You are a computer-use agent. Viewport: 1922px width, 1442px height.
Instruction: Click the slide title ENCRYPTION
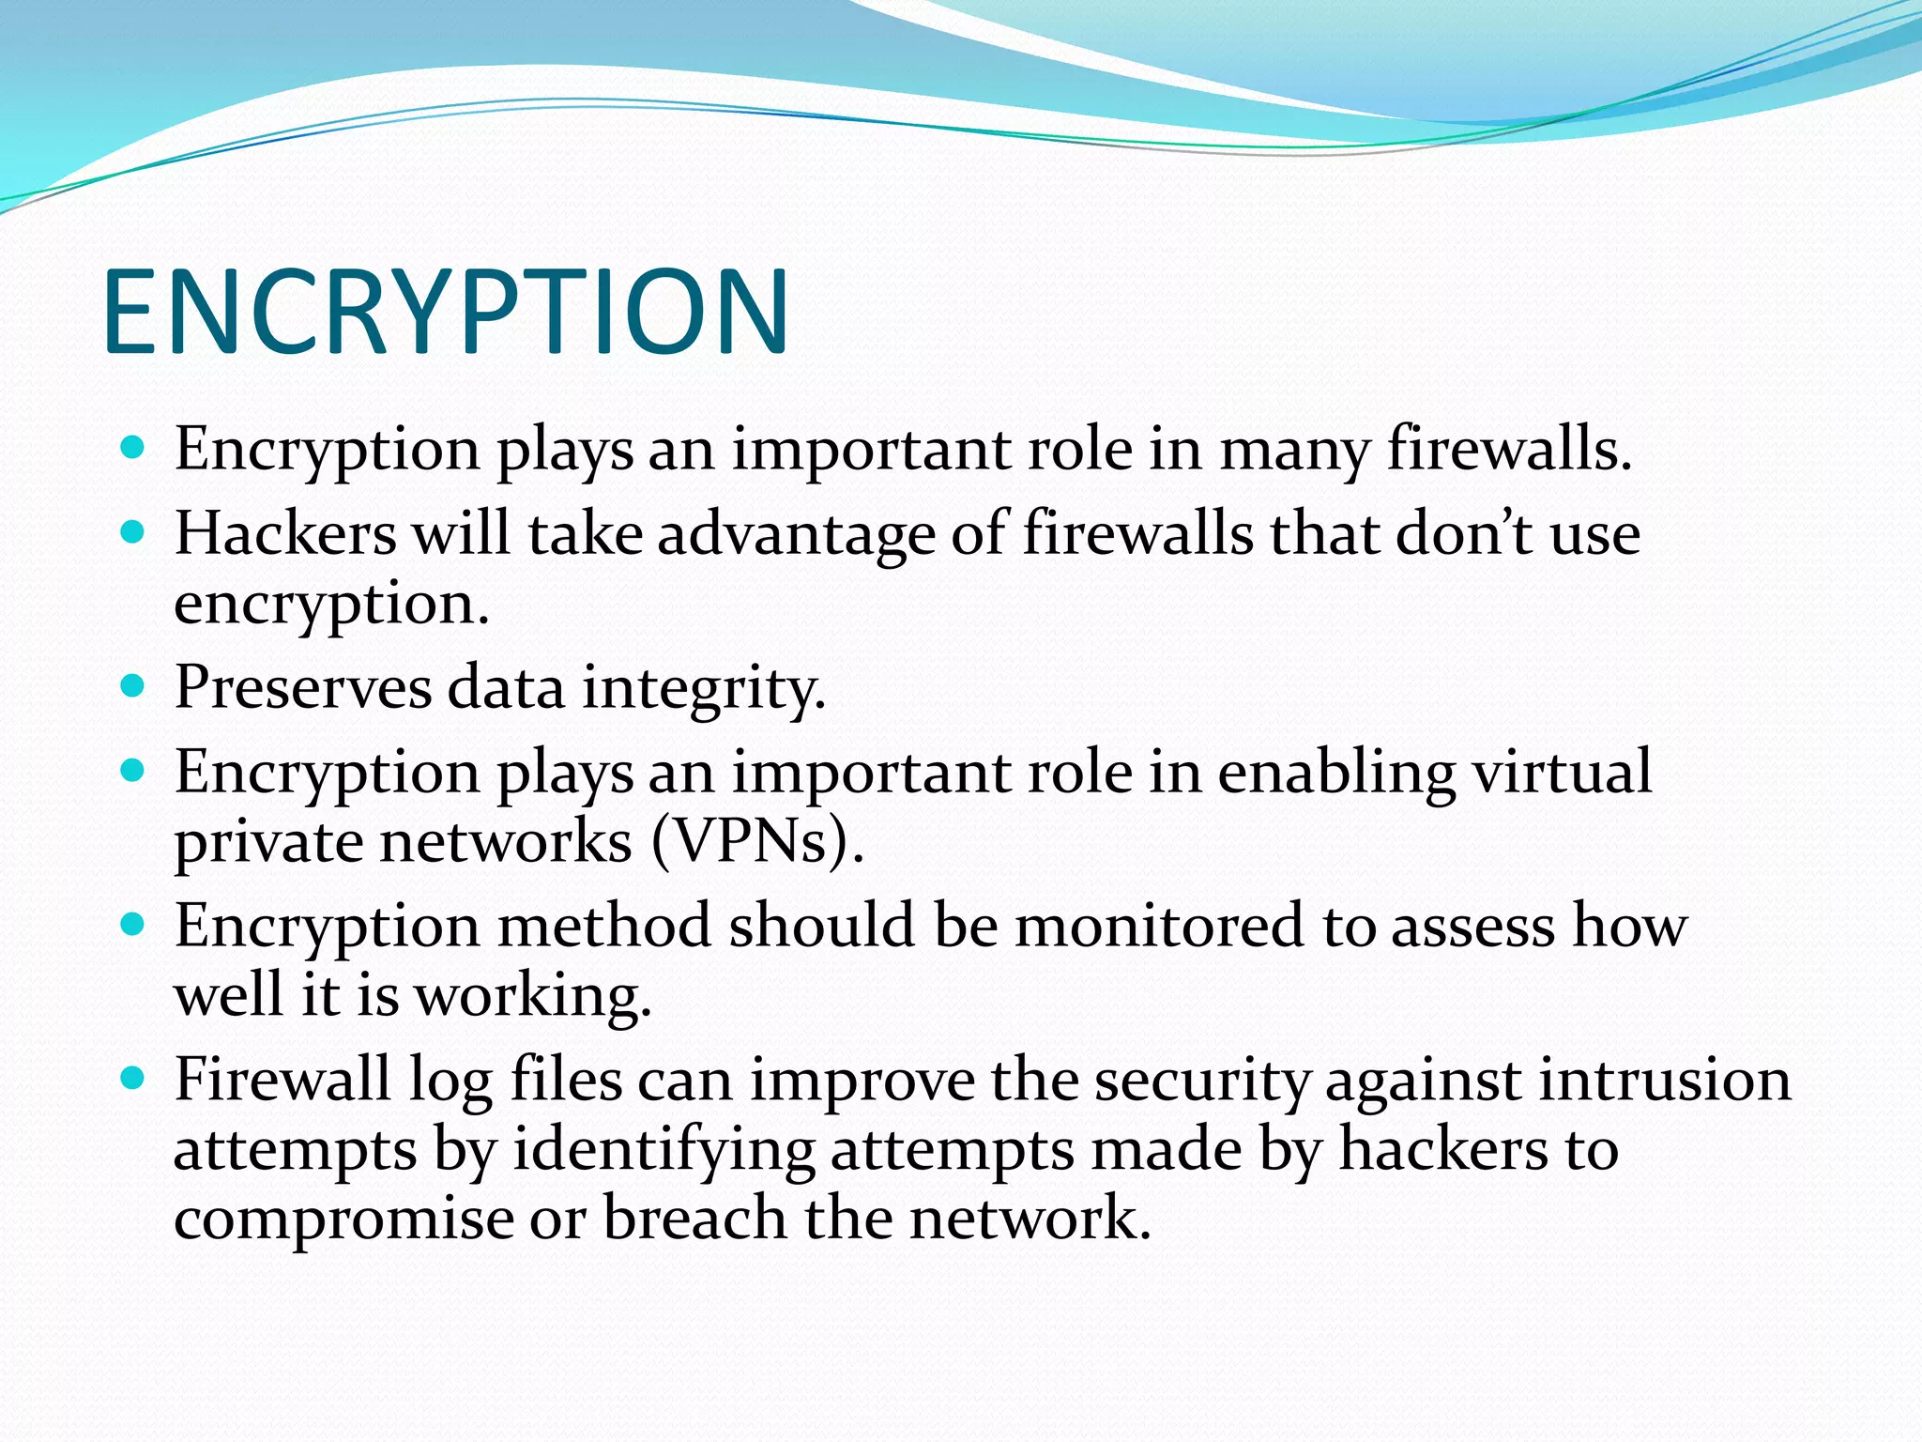[446, 313]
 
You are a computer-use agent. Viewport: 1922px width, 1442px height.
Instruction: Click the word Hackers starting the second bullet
[285, 534]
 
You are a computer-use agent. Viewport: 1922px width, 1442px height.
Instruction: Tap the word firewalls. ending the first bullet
[1509, 449]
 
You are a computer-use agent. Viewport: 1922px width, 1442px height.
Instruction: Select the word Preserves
[302, 686]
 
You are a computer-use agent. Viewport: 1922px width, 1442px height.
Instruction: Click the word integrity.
[704, 688]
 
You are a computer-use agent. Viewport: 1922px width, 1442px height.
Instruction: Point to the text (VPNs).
[756, 841]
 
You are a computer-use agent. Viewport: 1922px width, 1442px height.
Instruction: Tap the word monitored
[1160, 926]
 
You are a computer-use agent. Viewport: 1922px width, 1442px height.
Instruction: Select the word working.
[532, 995]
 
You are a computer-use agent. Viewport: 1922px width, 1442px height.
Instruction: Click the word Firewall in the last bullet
[282, 1079]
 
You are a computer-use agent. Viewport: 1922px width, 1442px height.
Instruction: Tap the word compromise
[343, 1220]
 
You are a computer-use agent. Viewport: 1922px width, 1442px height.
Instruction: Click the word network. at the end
[1030, 1218]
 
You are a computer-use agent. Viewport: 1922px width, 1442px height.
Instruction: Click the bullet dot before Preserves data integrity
[133, 686]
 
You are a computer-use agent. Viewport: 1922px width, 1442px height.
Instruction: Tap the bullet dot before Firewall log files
[133, 1079]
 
